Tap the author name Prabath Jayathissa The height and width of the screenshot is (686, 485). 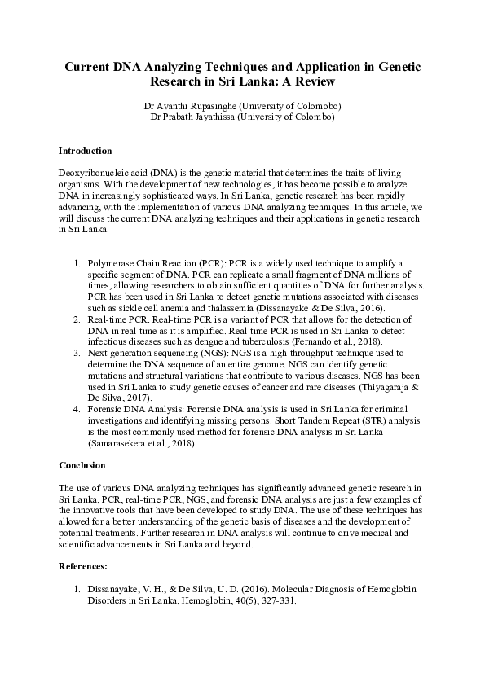[202, 117]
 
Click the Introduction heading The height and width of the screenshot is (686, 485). [86, 152]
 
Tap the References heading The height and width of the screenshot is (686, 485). [85, 564]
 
